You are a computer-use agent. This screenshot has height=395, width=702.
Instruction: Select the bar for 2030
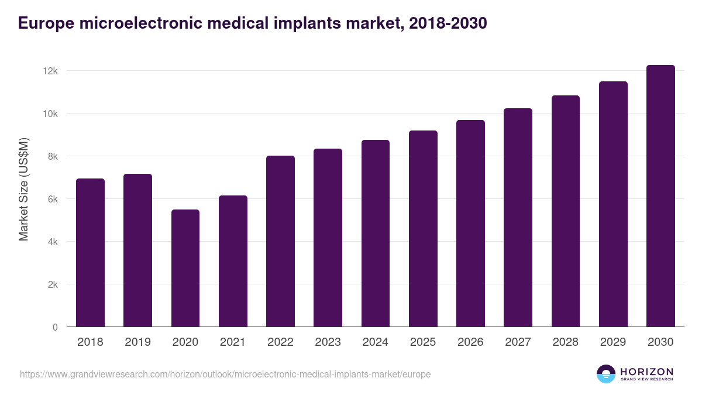pyautogui.click(x=660, y=196)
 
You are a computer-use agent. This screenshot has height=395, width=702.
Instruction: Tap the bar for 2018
pyautogui.click(x=90, y=253)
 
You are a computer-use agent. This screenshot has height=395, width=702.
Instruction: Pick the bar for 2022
pyautogui.click(x=280, y=241)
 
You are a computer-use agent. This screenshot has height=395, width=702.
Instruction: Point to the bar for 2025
pyautogui.click(x=423, y=229)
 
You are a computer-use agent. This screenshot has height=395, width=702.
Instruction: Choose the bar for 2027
pyautogui.click(x=518, y=218)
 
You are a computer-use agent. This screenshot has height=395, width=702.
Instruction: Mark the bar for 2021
pyautogui.click(x=233, y=261)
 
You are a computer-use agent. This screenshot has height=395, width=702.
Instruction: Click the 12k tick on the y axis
pyautogui.click(x=50, y=71)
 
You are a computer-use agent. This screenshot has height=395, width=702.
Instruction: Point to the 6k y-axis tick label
pyautogui.click(x=53, y=199)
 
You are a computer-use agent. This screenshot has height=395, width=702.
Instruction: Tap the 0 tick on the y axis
pyautogui.click(x=55, y=327)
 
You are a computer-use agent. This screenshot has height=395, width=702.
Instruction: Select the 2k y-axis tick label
pyautogui.click(x=53, y=284)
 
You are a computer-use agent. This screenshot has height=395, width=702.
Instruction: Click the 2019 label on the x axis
pyautogui.click(x=137, y=342)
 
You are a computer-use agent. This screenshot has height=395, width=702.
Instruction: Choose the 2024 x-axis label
pyautogui.click(x=375, y=342)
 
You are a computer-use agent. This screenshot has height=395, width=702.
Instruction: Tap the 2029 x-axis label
pyautogui.click(x=613, y=342)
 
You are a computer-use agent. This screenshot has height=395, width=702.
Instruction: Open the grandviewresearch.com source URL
pyautogui.click(x=225, y=374)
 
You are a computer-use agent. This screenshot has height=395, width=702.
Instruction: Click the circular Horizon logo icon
pyautogui.click(x=606, y=374)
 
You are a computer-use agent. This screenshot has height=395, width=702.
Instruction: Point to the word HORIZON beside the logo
pyautogui.click(x=646, y=371)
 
